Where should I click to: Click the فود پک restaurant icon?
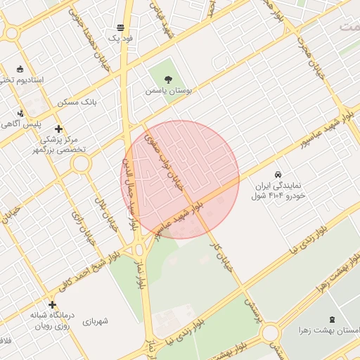pos(121,28)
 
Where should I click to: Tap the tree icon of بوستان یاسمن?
pos(168,79)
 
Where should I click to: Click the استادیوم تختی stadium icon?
pos(19,70)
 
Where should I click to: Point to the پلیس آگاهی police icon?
pos(20,112)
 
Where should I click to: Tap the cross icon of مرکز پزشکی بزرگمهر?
pos(58,129)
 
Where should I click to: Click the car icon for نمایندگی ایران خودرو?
pos(278,174)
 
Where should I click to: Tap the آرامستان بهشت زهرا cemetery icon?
pos(333,319)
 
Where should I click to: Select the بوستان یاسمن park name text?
pos(169,91)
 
